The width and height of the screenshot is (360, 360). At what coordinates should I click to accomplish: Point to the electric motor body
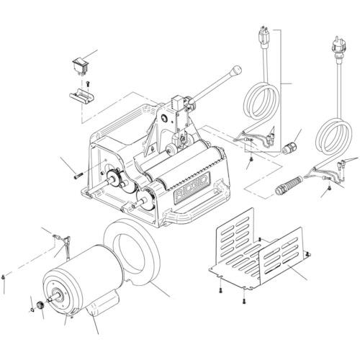[79, 277]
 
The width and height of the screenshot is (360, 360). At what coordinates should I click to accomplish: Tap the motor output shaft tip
[48, 296]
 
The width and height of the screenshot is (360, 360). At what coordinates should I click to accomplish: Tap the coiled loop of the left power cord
[258, 101]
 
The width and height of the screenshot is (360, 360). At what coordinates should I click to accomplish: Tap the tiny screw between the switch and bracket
[86, 83]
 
